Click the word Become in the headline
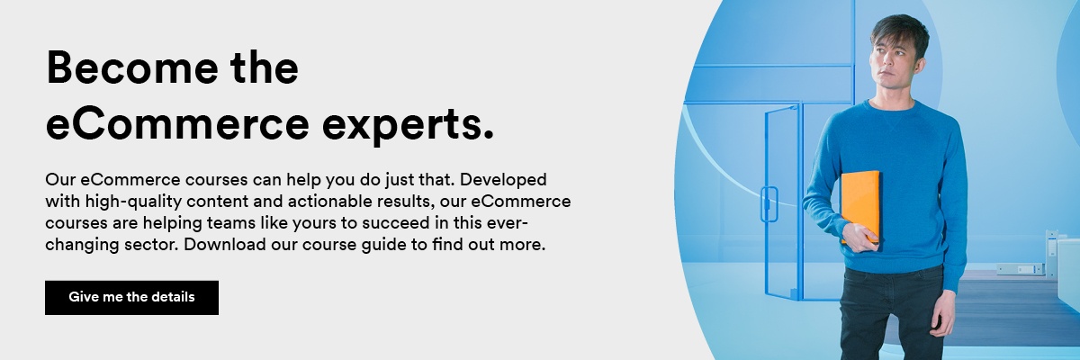[131, 67]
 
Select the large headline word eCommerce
[177, 123]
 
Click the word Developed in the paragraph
[503, 180]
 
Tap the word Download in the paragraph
[225, 244]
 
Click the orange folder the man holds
[860, 206]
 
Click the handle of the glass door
[769, 204]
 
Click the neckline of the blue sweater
[892, 107]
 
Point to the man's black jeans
[892, 313]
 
